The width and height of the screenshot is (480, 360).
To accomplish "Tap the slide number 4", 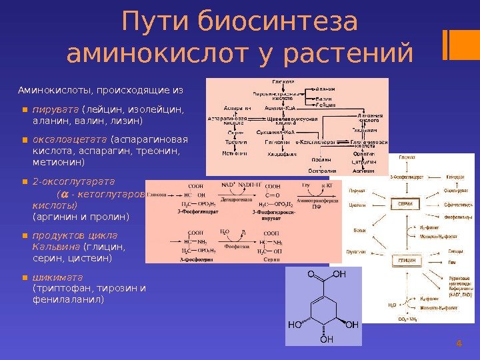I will (x=458, y=343).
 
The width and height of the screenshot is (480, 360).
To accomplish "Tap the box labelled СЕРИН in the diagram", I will (x=406, y=204).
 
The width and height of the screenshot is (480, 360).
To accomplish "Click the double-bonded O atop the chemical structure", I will (x=310, y=274).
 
